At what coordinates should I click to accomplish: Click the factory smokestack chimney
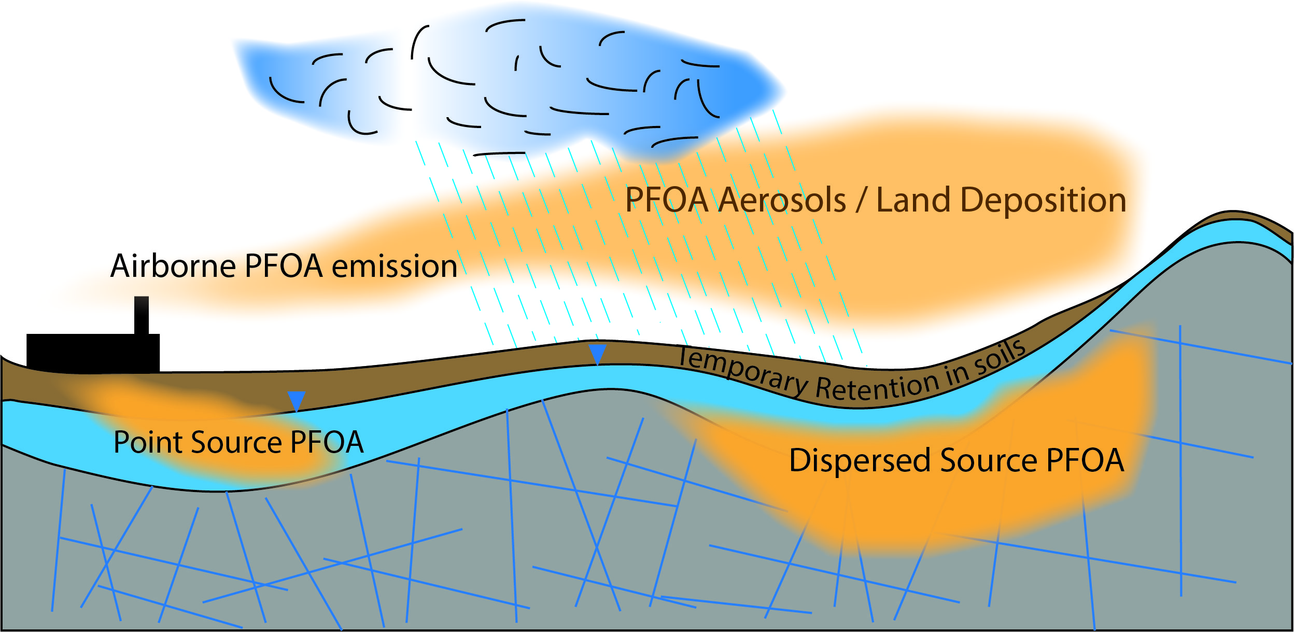point(142,315)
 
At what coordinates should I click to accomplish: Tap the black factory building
point(93,353)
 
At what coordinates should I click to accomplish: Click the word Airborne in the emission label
point(173,266)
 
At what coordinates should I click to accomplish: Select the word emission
point(394,266)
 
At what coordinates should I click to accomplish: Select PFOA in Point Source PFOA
point(327,443)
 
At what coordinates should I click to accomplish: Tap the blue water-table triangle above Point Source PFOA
point(297,400)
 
